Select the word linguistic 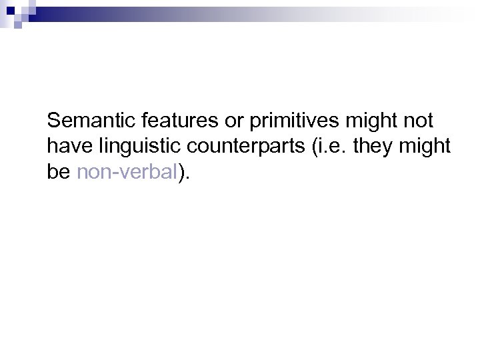131,147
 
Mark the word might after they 428,147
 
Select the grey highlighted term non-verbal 127,173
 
